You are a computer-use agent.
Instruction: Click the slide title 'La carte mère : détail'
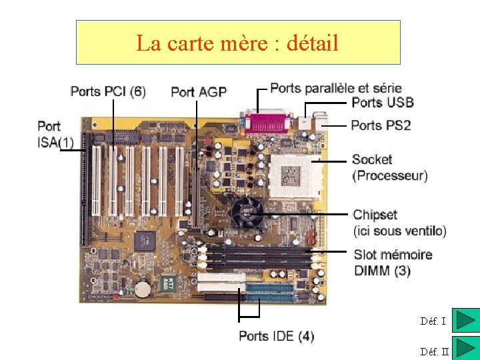(x=237, y=43)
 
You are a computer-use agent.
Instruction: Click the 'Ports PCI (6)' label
(x=107, y=91)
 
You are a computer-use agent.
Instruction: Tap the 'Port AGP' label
(x=199, y=92)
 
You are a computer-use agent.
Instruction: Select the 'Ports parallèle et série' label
(x=336, y=88)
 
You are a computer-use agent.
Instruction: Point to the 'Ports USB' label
(x=382, y=103)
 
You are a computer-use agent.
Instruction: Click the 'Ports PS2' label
(x=381, y=125)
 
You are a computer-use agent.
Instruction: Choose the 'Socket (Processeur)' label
(x=389, y=167)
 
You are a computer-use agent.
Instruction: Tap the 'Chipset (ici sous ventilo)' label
(x=399, y=223)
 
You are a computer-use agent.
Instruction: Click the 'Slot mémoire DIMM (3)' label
(x=393, y=263)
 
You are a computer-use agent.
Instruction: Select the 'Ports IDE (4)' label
(x=277, y=336)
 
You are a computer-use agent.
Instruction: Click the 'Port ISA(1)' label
(x=55, y=134)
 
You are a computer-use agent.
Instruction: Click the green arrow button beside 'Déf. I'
(x=465, y=320)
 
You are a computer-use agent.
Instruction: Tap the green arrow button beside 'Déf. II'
(x=465, y=349)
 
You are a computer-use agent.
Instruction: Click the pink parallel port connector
(x=269, y=123)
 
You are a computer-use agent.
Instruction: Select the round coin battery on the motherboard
(x=142, y=289)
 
